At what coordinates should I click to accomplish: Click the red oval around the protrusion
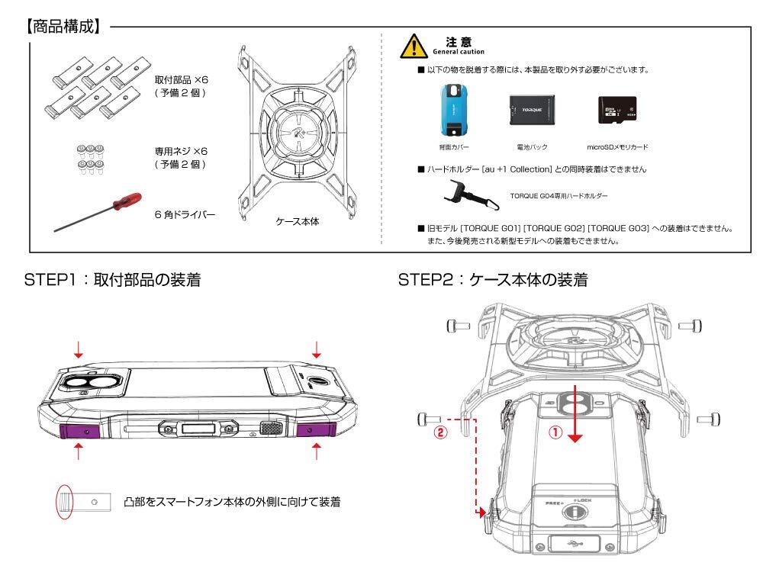63,502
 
